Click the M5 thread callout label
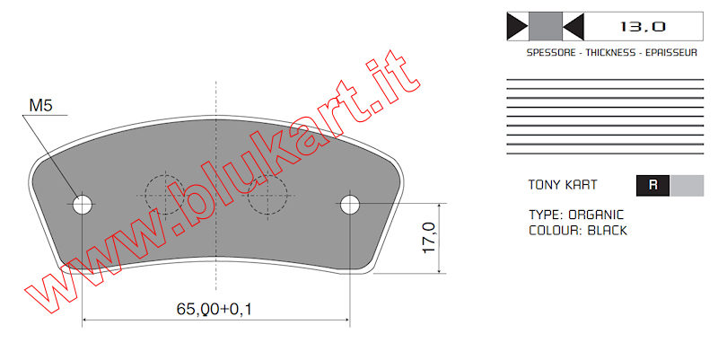coord(40,105)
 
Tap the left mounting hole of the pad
coord(83,205)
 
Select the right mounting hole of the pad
coord(350,205)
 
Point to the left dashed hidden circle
coord(165,195)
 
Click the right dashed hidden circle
coord(267,195)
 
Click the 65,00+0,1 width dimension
coord(215,309)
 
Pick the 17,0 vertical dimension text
coord(429,238)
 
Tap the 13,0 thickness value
coord(643,27)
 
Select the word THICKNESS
coord(610,53)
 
